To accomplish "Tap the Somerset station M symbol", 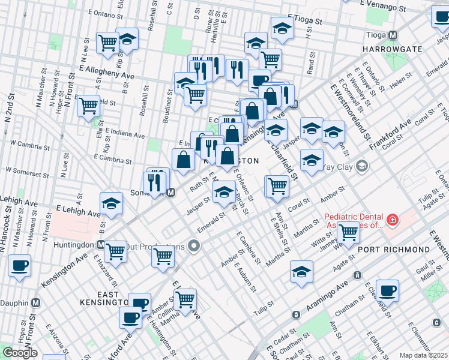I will point(171,193).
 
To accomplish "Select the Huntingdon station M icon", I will point(101,245).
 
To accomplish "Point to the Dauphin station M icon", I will point(35,303).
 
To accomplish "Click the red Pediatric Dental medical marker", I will point(392,220).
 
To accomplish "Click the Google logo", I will point(20,353).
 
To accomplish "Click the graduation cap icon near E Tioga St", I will point(282,28).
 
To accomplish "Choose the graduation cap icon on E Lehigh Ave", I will point(111,204).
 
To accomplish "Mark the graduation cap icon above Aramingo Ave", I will point(301,271).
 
